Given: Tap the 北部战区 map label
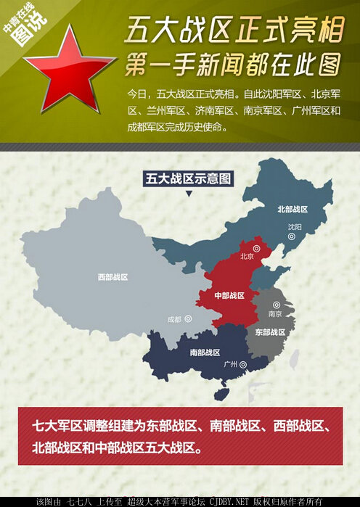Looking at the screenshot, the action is point(292,209).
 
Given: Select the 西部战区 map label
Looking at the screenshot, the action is point(112,277).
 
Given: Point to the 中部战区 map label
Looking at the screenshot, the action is point(229,296).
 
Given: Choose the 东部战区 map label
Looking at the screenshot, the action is point(269,331).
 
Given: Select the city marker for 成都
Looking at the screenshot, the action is point(188,318).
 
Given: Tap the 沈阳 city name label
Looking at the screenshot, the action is point(294,227).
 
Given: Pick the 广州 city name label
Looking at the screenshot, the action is point(231,364).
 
